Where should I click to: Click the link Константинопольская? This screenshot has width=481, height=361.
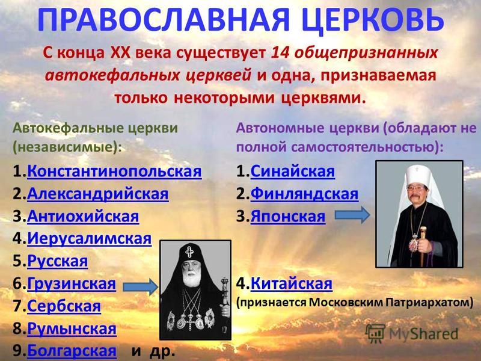click(x=114, y=171)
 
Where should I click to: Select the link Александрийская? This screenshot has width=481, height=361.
click(x=98, y=194)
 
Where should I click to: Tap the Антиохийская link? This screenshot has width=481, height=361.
click(x=83, y=217)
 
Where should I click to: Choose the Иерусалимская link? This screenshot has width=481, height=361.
click(x=89, y=239)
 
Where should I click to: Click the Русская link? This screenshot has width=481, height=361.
click(x=57, y=261)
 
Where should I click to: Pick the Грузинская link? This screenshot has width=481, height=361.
click(x=72, y=283)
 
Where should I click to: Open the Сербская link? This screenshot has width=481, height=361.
click(x=64, y=306)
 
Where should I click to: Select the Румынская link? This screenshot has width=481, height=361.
click(x=72, y=329)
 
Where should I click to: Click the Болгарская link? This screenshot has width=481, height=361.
click(x=72, y=351)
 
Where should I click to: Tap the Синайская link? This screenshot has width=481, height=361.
click(x=293, y=171)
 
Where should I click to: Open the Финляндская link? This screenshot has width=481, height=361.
click(x=304, y=194)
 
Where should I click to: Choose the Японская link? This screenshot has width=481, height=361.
click(x=288, y=217)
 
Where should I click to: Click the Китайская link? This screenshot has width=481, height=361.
click(x=292, y=283)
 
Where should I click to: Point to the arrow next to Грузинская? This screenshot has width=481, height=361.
click(x=141, y=287)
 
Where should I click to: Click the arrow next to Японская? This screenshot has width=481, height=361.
click(x=352, y=215)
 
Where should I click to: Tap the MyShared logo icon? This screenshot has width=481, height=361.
click(x=375, y=333)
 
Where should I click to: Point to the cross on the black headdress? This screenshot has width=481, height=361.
click(x=189, y=252)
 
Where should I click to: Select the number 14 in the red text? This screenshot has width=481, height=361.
click(x=281, y=53)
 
